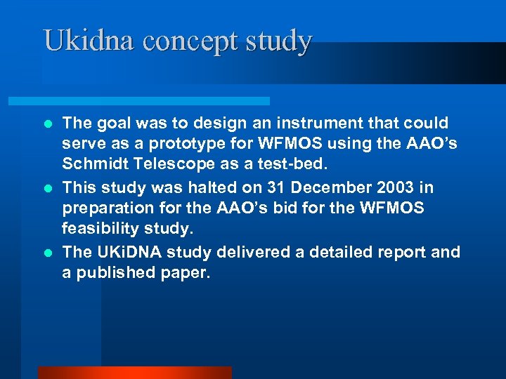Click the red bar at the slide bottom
click(134, 373)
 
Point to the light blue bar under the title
click(155, 101)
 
